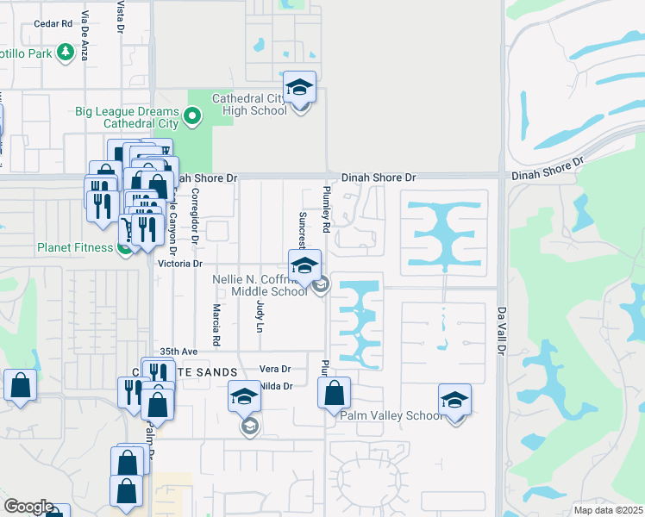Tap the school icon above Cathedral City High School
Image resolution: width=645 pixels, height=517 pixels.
[299, 87]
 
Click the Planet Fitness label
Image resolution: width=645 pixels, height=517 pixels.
[75, 247]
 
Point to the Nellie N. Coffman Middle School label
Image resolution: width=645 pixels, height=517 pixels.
[259, 285]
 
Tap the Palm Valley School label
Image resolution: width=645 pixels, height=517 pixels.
[391, 415]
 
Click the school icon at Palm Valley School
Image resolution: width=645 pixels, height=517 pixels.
[454, 400]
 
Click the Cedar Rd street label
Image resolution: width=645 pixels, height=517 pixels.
[53, 24]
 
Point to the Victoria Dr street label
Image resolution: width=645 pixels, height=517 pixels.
[179, 264]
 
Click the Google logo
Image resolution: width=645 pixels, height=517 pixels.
[28, 507]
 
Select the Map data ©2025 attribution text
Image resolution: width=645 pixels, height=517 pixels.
[609, 510]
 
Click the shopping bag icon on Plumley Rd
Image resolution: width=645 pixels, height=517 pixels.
[334, 394]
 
